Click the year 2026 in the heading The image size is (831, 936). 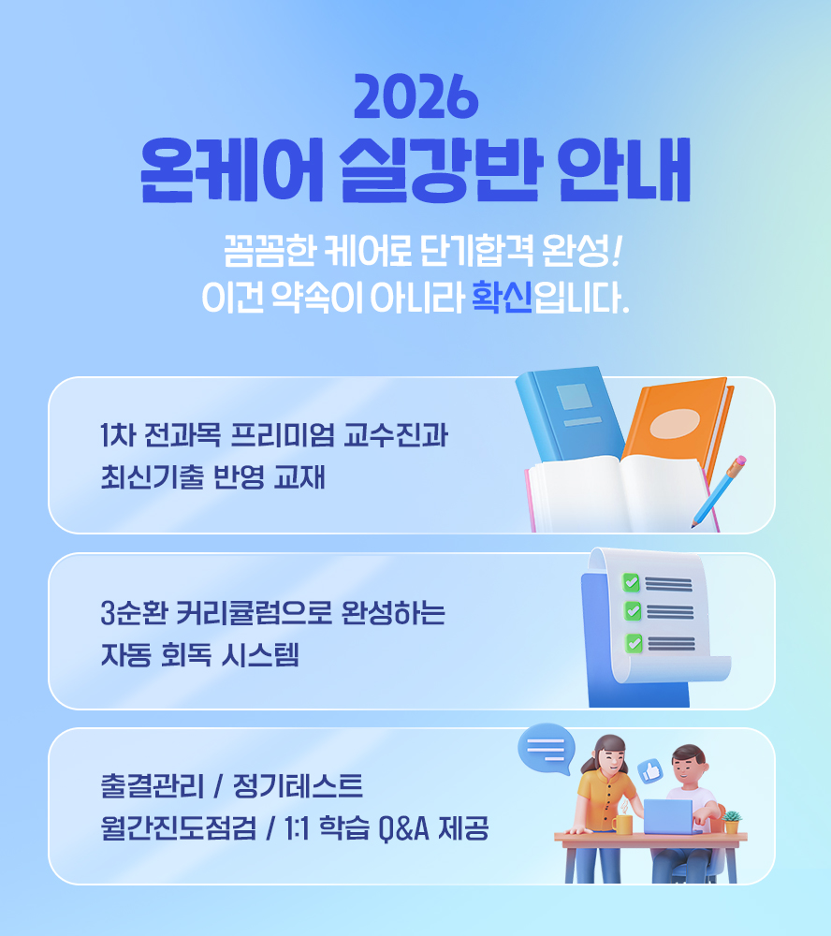tap(415, 96)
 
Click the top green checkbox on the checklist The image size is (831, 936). tap(631, 582)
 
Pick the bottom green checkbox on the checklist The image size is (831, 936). tap(634, 644)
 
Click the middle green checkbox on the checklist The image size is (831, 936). tap(633, 611)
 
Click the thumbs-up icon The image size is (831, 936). tap(650, 771)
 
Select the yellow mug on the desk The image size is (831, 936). tap(621, 824)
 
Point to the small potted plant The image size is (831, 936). tap(731, 822)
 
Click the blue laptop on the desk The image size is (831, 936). tap(669, 816)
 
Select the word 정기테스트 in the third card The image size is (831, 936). tap(298, 785)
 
